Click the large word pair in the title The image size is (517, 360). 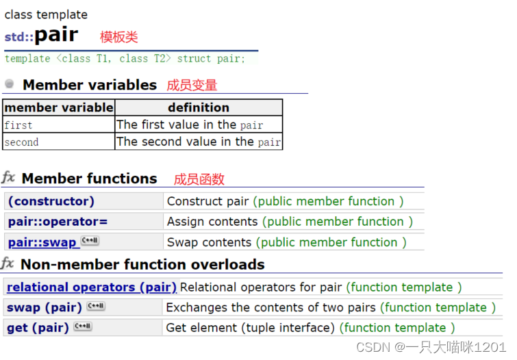pos(56,35)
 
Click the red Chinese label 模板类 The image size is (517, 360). pos(118,37)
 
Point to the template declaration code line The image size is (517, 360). pos(125,59)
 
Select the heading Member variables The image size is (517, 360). pos(90,85)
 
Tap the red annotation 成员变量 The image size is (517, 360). pos(192,85)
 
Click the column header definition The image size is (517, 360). pos(199,107)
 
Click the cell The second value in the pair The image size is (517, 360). pos(199,142)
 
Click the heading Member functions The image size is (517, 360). pos(90,179)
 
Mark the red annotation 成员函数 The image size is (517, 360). pos(199,179)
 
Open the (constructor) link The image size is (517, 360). pos(51,201)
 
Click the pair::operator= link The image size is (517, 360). pos(58,222)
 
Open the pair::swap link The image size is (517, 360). pos(42,242)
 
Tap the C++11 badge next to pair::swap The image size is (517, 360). pos(90,241)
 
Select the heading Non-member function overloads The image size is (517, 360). pos(142,264)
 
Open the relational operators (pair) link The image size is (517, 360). pos(91,287)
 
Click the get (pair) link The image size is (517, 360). pos(38,328)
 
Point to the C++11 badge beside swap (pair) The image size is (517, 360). pos(95,307)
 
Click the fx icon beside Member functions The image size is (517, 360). pos(8,178)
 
